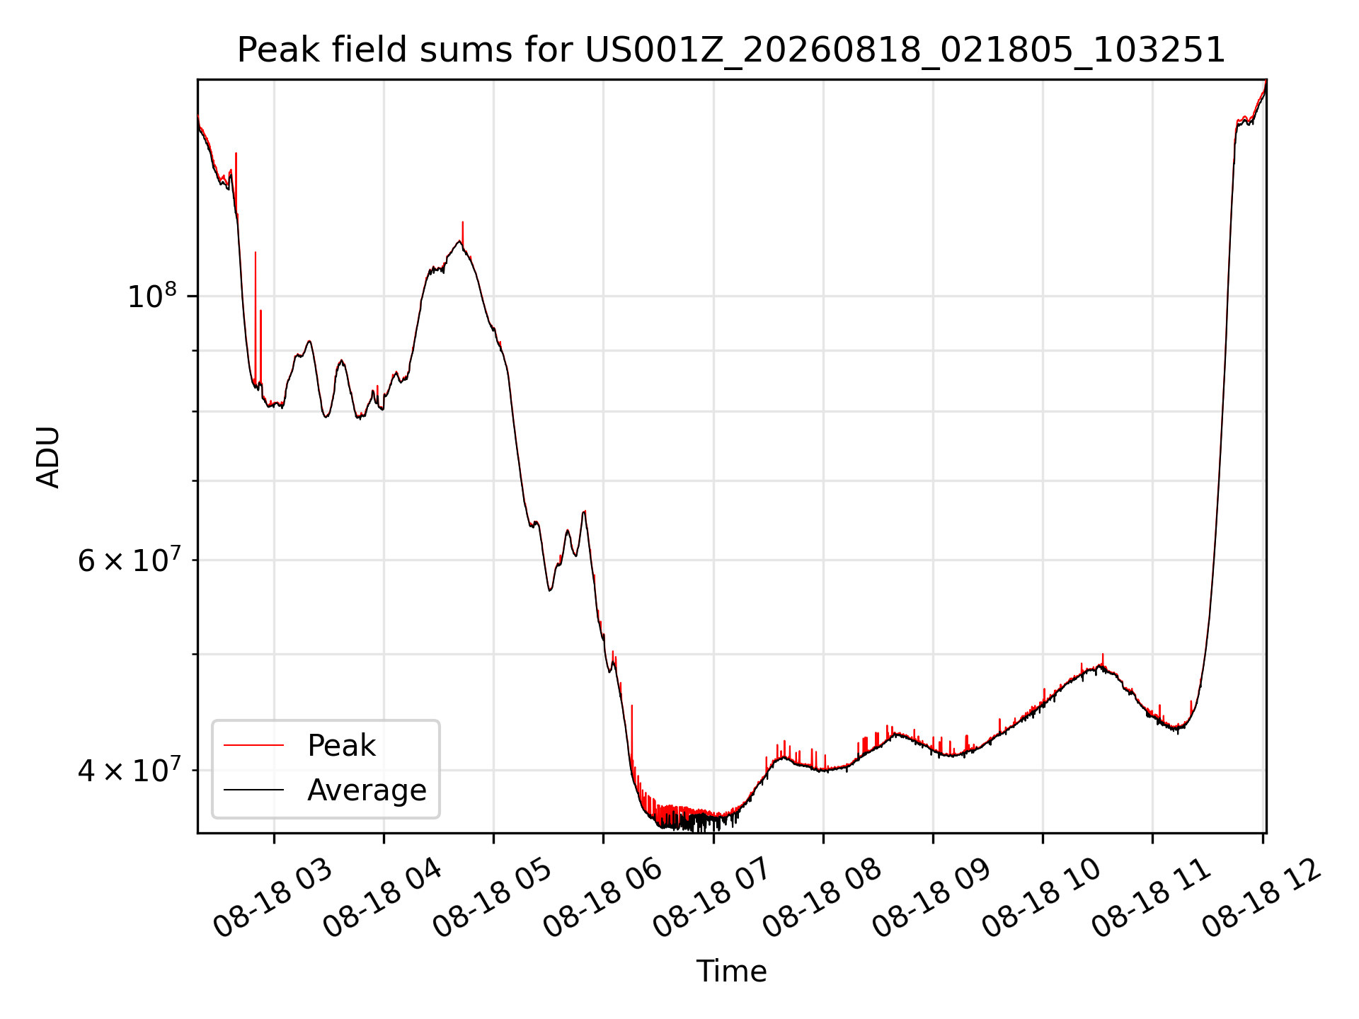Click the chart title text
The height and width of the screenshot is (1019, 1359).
[x=731, y=50]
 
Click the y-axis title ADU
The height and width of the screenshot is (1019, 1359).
[x=48, y=457]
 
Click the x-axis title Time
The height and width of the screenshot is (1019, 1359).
[x=731, y=972]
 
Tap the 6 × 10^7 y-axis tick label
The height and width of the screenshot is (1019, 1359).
[x=128, y=560]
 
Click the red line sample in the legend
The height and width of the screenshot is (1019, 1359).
[x=253, y=745]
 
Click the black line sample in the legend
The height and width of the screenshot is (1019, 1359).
[x=253, y=790]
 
